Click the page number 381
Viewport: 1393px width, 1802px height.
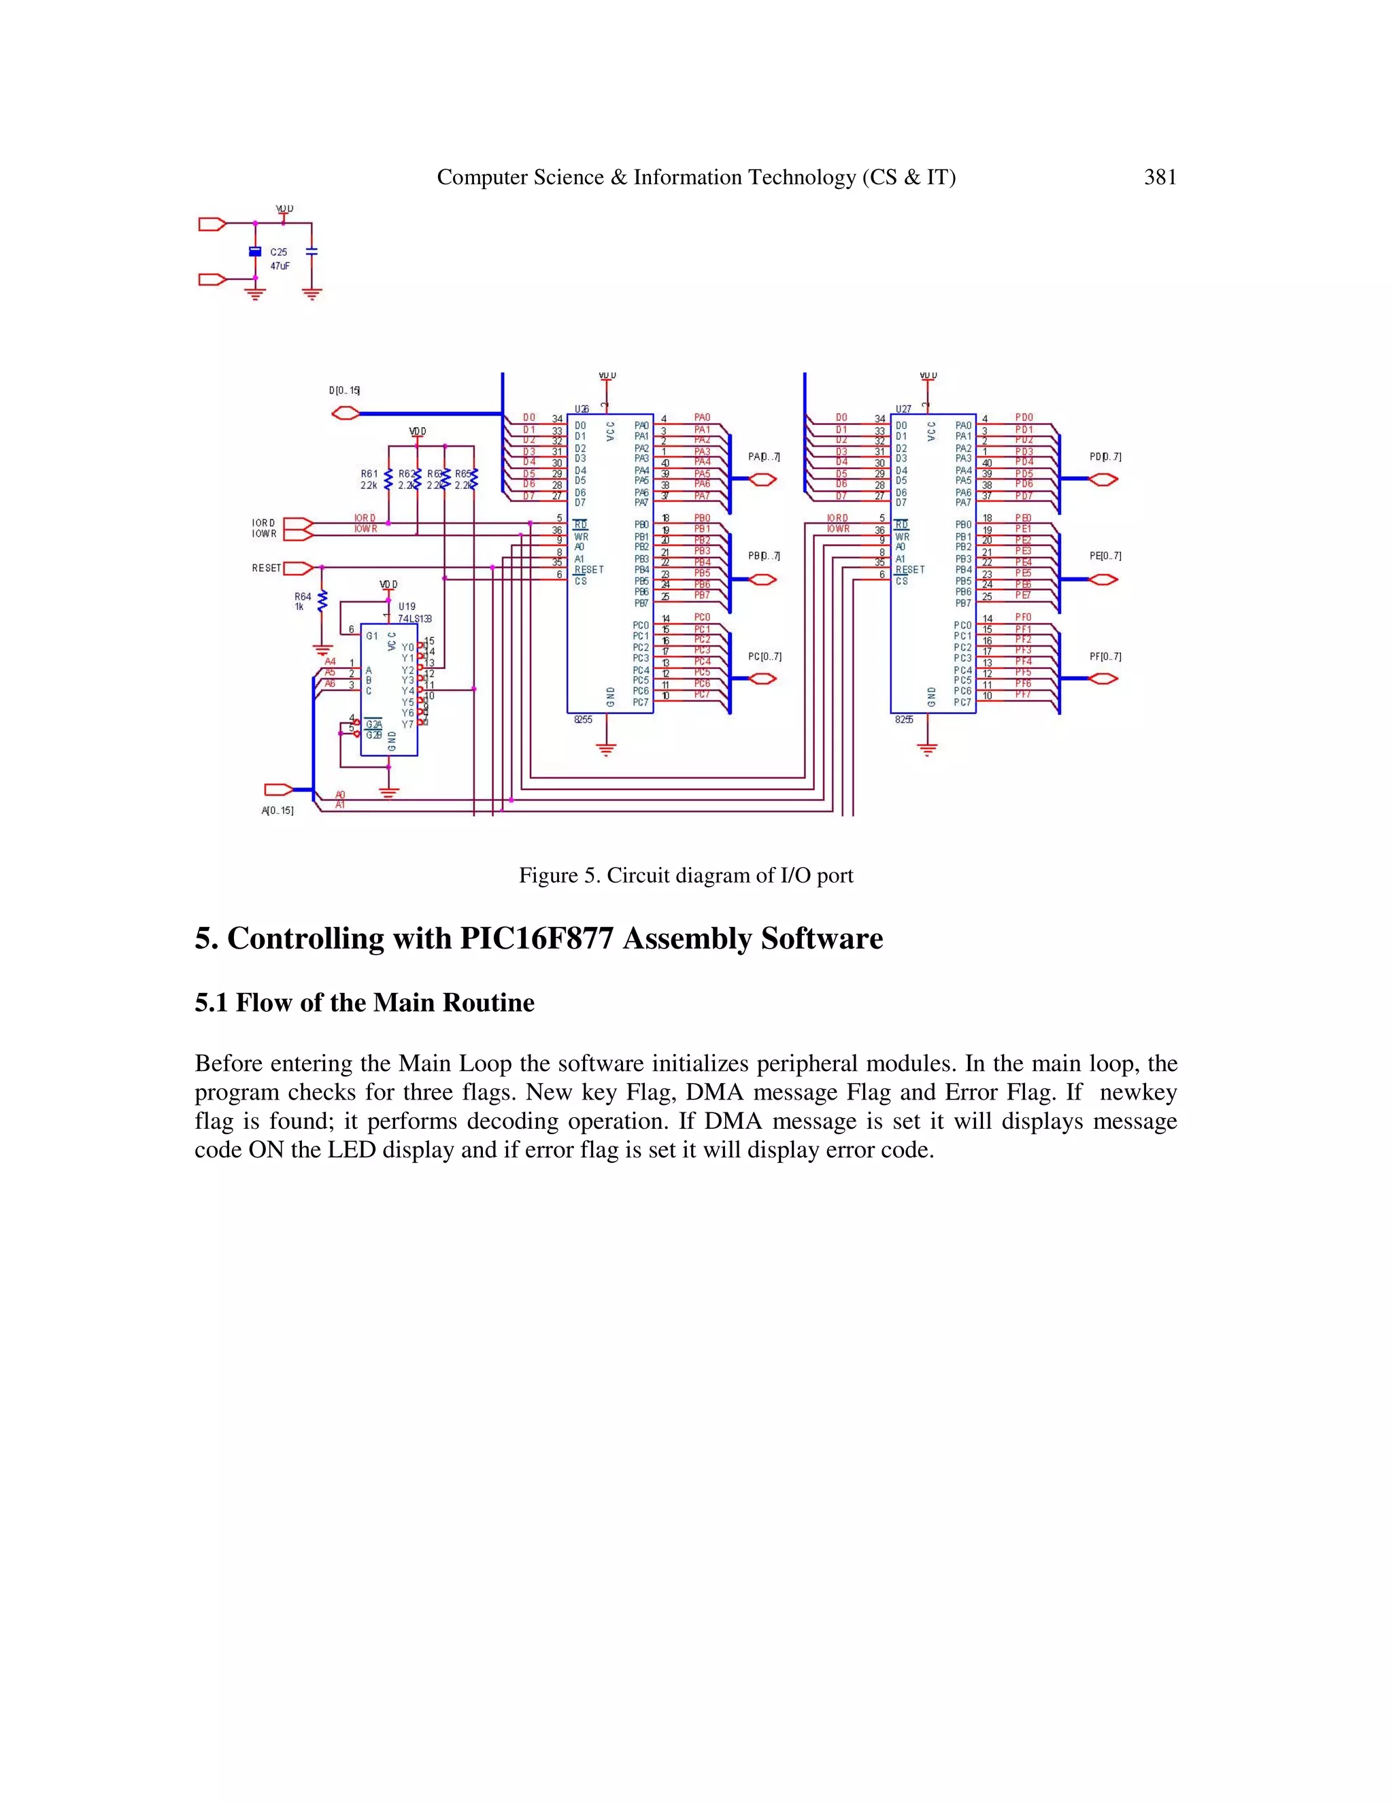coord(1160,177)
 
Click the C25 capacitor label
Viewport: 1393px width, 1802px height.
coord(279,252)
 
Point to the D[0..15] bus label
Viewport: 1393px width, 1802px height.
coord(344,390)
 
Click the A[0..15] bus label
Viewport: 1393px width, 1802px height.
coord(278,811)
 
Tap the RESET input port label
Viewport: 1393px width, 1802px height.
coord(267,568)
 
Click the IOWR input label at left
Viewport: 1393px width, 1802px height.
coord(264,534)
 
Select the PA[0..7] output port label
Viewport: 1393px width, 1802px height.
coord(764,456)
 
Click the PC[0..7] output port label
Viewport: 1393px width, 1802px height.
coord(764,657)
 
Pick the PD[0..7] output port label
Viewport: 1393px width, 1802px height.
coord(1105,456)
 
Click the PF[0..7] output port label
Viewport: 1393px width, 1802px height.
coord(1105,657)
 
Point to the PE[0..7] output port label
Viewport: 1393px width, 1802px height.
coord(1105,556)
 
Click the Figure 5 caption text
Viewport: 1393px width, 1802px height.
coord(685,875)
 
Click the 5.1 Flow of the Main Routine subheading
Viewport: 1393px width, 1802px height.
coord(364,1002)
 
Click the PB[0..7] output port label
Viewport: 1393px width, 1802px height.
coord(764,556)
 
